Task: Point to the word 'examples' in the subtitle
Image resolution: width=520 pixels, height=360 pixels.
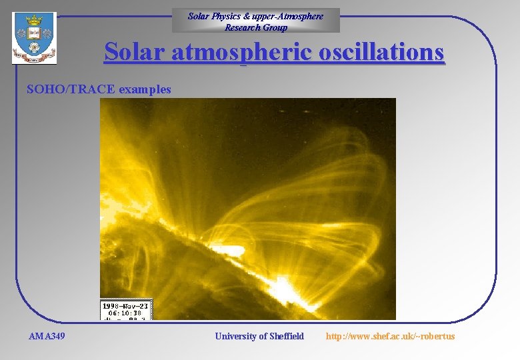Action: coord(145,89)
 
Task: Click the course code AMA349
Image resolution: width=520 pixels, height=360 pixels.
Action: coord(47,336)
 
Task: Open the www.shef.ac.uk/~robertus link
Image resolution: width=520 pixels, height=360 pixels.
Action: coord(390,336)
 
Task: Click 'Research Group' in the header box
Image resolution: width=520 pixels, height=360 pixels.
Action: coord(256,27)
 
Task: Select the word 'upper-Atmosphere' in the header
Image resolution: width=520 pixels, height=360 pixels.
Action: coord(290,16)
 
